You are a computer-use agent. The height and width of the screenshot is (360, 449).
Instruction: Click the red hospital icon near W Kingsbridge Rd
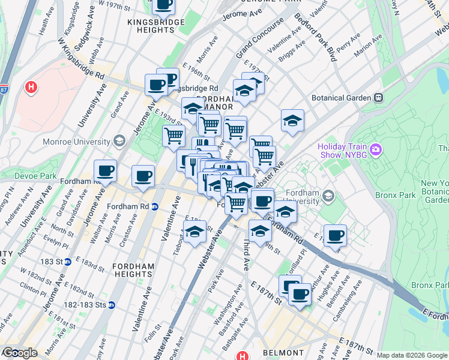(x=31, y=88)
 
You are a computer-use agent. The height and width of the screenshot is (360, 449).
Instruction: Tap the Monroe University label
(x=76, y=142)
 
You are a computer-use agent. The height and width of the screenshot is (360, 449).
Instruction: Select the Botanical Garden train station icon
(x=379, y=97)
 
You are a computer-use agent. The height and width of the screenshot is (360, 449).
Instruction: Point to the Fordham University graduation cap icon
(x=328, y=196)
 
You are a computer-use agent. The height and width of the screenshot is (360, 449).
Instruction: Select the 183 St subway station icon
(x=68, y=262)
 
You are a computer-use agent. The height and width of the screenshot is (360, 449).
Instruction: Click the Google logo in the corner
(x=19, y=353)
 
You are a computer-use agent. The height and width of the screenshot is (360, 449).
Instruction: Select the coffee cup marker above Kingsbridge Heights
(x=163, y=5)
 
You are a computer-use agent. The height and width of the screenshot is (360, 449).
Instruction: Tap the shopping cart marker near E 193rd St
(x=174, y=136)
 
